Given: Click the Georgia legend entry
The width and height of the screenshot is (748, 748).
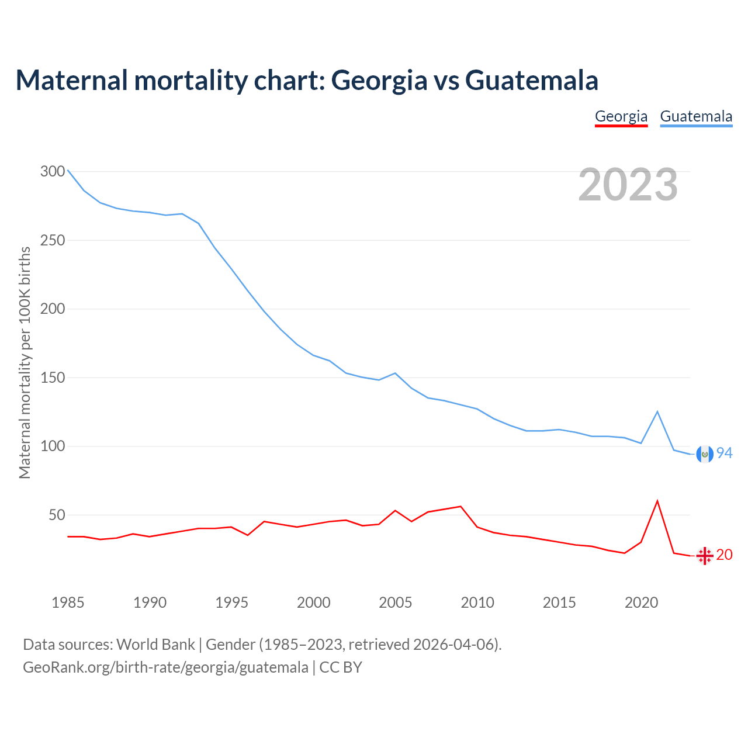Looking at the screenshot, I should click(x=621, y=116).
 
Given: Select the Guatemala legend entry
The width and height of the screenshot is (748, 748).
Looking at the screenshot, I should click(x=696, y=116).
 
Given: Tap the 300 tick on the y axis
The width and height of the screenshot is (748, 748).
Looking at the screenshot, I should click(x=53, y=172).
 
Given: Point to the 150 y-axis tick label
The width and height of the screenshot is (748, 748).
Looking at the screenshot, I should click(x=53, y=378).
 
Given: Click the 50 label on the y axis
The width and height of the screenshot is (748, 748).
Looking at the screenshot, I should click(x=57, y=515).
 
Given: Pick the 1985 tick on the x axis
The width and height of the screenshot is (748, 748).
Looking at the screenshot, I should click(x=68, y=602).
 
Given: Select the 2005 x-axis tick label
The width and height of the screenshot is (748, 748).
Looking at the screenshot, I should click(x=396, y=602).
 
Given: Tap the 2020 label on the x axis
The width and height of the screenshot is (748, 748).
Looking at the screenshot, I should click(x=641, y=602).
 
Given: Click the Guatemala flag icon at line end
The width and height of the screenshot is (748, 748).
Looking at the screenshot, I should click(x=705, y=454).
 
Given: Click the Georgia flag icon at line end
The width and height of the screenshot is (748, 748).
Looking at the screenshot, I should click(x=705, y=556).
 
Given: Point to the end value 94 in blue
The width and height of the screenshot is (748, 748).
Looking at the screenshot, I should click(x=725, y=453).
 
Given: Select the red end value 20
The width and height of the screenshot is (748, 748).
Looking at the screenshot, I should click(x=725, y=555).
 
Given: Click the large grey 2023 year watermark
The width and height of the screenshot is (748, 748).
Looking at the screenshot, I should click(x=628, y=185).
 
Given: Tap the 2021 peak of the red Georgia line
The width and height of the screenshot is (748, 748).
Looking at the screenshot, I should click(x=657, y=501).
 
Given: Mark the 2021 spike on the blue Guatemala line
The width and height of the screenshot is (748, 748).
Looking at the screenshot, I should click(x=657, y=412).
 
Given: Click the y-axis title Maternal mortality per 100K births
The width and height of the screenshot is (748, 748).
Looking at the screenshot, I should click(x=25, y=362).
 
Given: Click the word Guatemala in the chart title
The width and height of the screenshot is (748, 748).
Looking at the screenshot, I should click(x=532, y=81).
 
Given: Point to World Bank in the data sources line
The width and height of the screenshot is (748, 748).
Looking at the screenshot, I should click(x=155, y=645).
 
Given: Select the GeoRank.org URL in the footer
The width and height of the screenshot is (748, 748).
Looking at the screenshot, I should click(x=165, y=667).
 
